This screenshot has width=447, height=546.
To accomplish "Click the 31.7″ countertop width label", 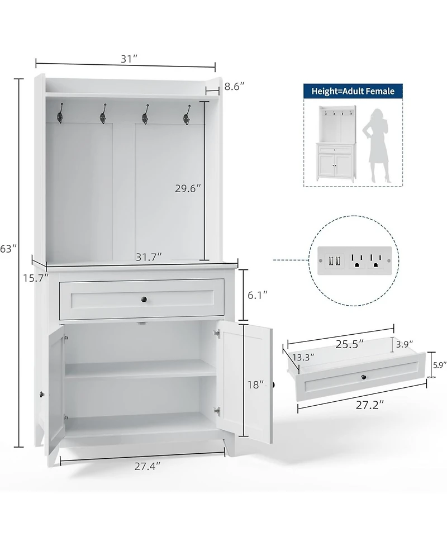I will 148,257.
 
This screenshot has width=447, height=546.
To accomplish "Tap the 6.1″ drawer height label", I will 258,293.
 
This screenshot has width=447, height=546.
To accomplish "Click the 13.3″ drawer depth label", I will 302,356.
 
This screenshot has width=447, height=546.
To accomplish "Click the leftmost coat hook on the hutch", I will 60,115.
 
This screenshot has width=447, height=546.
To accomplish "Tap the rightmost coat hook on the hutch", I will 187,116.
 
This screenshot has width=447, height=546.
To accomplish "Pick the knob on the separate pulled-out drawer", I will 364,378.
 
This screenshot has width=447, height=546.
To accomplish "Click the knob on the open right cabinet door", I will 274,384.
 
